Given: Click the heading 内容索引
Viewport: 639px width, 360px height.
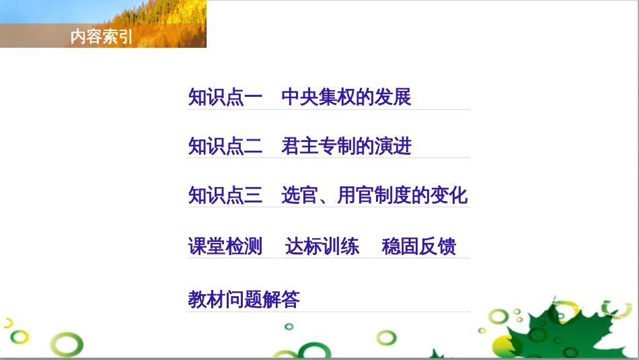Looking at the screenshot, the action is [102, 36].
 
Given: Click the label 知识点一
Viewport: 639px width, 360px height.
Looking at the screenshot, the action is [225, 97].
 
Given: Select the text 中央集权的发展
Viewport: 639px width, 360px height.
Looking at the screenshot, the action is [346, 97].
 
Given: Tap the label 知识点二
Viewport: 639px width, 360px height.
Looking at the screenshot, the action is [225, 146].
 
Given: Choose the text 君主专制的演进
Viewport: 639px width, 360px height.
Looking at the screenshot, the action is [346, 146].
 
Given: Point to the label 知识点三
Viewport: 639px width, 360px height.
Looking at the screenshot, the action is [225, 195].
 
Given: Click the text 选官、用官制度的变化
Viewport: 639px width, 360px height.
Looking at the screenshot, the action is [374, 195].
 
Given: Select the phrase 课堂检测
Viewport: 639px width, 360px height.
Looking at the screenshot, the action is [225, 246].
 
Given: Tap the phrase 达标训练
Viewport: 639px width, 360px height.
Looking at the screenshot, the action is [322, 246].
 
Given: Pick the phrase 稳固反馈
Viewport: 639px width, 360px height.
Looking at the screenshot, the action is [419, 246].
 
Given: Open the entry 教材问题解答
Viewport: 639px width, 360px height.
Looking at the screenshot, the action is [243, 299].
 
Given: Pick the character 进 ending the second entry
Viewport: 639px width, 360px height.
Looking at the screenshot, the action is [403, 146].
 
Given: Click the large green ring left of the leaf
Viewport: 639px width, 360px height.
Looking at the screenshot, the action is [499, 317].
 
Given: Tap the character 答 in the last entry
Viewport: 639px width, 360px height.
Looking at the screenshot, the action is [291, 299].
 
